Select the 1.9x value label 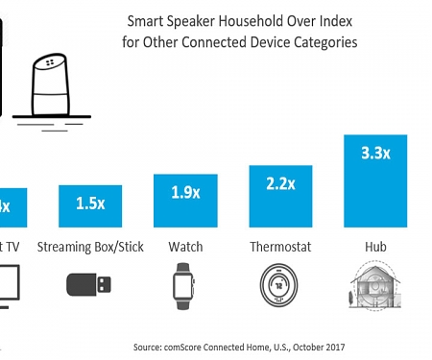click(x=185, y=192)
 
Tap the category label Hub click(x=375, y=247)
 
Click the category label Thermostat click(x=281, y=247)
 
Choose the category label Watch click(x=185, y=247)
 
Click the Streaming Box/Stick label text click(x=90, y=247)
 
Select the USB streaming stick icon click(x=90, y=285)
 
